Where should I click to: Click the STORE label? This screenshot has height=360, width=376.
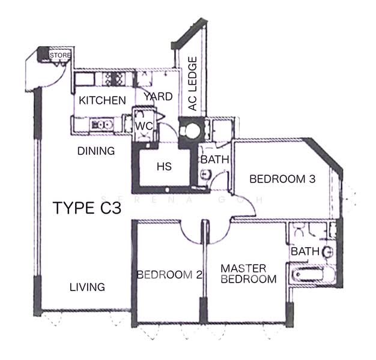[60, 55]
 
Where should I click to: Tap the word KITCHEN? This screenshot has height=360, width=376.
[103, 100]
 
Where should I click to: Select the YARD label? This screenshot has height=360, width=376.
[158, 96]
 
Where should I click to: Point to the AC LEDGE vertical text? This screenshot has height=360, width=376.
[193, 84]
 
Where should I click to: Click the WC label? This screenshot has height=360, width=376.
[144, 126]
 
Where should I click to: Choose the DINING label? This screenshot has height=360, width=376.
[96, 151]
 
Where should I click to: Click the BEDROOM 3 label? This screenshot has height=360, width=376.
[282, 178]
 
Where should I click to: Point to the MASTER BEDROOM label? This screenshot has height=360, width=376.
[248, 274]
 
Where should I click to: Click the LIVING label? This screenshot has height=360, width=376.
[86, 287]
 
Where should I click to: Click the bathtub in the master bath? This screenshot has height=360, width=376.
[312, 276]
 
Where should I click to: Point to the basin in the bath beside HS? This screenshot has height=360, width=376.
[205, 174]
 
